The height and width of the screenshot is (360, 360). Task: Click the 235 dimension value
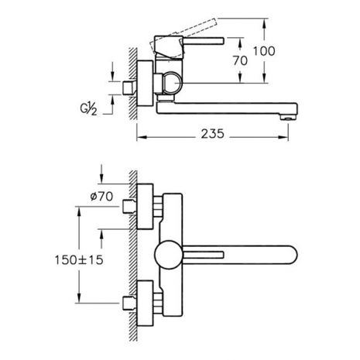213,134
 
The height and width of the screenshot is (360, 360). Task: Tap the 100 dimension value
264,51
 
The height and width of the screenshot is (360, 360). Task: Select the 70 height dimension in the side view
240,61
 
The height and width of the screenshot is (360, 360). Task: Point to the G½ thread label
89,108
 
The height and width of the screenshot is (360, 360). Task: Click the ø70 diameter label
101,197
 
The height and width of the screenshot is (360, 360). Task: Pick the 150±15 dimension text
79,260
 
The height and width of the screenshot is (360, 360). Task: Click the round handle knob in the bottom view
169,255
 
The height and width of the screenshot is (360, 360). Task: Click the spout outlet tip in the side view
289,118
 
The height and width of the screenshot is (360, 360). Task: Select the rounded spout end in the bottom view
290,255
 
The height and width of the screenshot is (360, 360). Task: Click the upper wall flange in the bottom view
145,207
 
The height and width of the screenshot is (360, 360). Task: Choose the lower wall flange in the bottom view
145,303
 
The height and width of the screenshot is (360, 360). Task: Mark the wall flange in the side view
145,84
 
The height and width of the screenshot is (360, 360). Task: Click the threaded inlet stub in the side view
129,87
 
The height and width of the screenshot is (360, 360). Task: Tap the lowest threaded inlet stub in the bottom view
129,303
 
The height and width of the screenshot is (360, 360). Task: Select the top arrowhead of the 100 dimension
264,24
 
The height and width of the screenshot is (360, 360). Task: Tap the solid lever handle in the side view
204,41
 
